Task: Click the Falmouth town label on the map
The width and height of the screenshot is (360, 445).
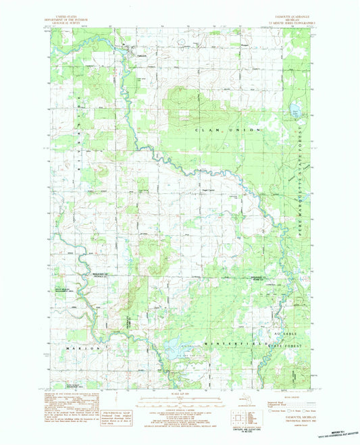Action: tap(140, 55)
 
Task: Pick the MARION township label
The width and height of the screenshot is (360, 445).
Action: tap(76, 347)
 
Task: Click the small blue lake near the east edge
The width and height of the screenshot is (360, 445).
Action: tap(294, 110)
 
